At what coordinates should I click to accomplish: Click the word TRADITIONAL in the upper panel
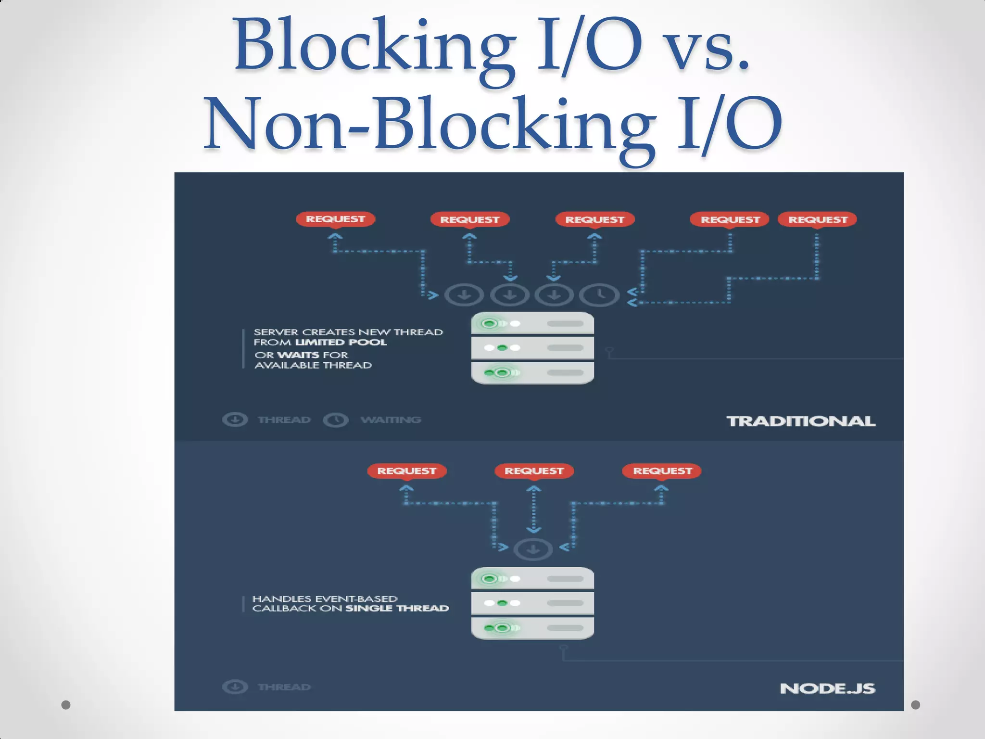pyautogui.click(x=800, y=421)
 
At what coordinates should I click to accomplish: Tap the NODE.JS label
pyautogui.click(x=827, y=688)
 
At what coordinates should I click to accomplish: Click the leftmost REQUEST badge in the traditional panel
pyautogui.click(x=335, y=219)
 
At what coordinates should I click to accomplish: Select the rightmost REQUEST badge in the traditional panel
pyautogui.click(x=818, y=219)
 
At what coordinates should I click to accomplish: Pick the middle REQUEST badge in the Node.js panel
pyautogui.click(x=534, y=471)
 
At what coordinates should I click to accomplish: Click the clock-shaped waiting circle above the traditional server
pyautogui.click(x=599, y=294)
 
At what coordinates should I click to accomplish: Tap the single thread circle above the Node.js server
pyautogui.click(x=533, y=549)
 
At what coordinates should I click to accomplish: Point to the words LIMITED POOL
pyautogui.click(x=341, y=343)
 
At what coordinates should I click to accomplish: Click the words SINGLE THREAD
pyautogui.click(x=397, y=609)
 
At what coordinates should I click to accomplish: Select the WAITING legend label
pyautogui.click(x=391, y=420)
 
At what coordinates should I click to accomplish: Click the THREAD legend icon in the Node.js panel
pyautogui.click(x=235, y=687)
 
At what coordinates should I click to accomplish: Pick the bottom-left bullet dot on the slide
pyautogui.click(x=66, y=705)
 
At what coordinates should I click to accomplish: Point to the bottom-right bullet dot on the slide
pyautogui.click(x=915, y=705)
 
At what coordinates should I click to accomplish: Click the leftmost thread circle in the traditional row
pyautogui.click(x=464, y=294)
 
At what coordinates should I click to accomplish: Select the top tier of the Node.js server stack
pyautogui.click(x=532, y=579)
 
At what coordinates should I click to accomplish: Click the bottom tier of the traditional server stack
pyautogui.click(x=532, y=373)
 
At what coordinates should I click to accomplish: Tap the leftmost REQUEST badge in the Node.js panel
pyautogui.click(x=406, y=471)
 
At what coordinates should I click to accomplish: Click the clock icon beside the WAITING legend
pyautogui.click(x=336, y=420)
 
